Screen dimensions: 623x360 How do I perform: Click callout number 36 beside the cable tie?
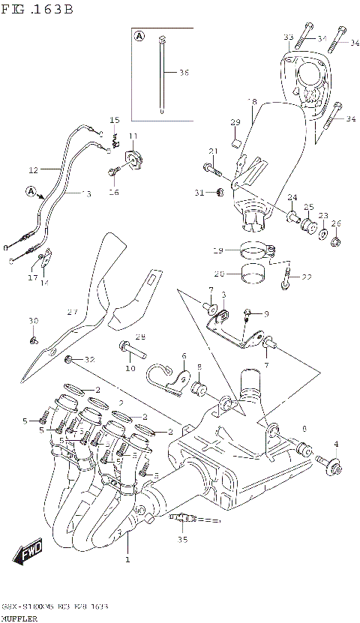pyautogui.click(x=184, y=73)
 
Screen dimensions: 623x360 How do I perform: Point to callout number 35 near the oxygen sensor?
pyautogui.click(x=181, y=538)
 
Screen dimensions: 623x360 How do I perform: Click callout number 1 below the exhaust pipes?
pyautogui.click(x=127, y=559)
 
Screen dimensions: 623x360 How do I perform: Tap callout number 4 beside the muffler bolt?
pyautogui.click(x=335, y=444)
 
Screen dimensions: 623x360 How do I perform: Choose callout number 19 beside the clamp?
pyautogui.click(x=218, y=250)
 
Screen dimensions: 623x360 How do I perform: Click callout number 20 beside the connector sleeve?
pyautogui.click(x=218, y=273)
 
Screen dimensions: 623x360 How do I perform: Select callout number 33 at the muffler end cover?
pyautogui.click(x=288, y=37)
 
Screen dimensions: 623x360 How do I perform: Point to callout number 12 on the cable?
pyautogui.click(x=33, y=169)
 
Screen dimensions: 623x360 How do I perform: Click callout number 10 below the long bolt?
pyautogui.click(x=130, y=367)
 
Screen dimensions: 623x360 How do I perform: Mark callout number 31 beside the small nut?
pyautogui.click(x=199, y=193)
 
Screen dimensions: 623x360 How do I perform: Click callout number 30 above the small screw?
pyautogui.click(x=32, y=321)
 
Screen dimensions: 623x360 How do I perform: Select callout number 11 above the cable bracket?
pyautogui.click(x=133, y=136)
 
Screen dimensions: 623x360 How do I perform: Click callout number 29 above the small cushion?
pyautogui.click(x=235, y=122)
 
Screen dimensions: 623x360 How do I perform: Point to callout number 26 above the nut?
pyautogui.click(x=335, y=223)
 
